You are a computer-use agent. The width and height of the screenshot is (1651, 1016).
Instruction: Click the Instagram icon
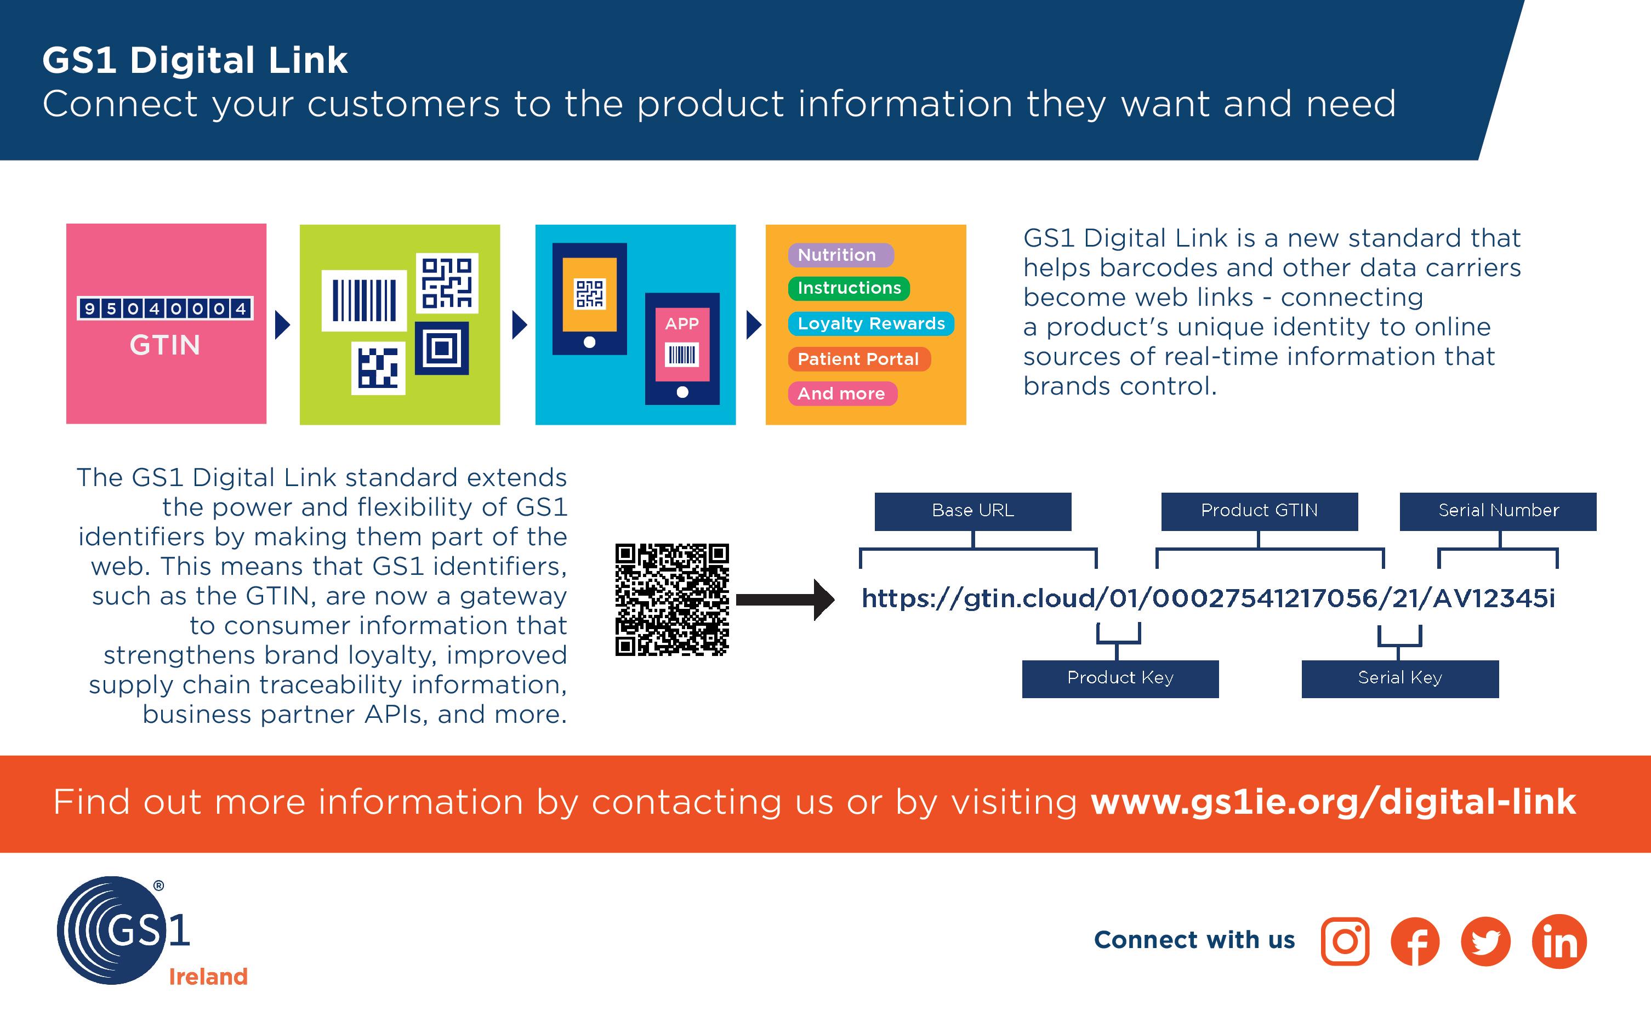(1345, 941)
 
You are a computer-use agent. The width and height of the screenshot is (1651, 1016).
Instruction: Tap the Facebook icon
(1415, 941)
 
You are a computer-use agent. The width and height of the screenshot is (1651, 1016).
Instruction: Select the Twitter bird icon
(1485, 941)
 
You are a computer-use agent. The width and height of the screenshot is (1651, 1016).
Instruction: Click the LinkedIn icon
(1559, 941)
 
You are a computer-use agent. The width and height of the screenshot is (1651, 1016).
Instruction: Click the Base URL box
(972, 511)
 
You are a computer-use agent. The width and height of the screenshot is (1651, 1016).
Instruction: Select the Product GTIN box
(1259, 511)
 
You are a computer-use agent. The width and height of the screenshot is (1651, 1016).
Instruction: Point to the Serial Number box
(1498, 511)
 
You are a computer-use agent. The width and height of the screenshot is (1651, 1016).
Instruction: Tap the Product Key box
(1120, 678)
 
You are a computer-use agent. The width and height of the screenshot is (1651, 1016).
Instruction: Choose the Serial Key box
(1400, 678)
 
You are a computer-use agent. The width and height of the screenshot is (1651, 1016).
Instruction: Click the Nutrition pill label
(840, 255)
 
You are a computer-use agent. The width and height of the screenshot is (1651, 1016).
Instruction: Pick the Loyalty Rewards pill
(871, 324)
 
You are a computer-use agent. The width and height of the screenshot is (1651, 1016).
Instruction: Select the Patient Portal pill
(858, 359)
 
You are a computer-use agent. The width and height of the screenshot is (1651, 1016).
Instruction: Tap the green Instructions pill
(849, 288)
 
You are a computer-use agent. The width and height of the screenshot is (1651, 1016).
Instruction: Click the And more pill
(841, 394)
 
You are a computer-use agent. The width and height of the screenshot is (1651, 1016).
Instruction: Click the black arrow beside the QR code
(785, 600)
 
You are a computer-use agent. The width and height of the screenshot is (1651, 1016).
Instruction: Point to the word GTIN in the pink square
(164, 345)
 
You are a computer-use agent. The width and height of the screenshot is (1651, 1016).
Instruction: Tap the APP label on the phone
(681, 324)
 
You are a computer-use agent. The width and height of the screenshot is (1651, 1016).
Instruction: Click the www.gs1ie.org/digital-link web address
(1333, 802)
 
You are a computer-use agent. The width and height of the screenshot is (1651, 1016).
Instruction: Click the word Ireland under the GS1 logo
(208, 977)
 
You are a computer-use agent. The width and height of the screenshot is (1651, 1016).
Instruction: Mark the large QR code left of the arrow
(672, 600)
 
